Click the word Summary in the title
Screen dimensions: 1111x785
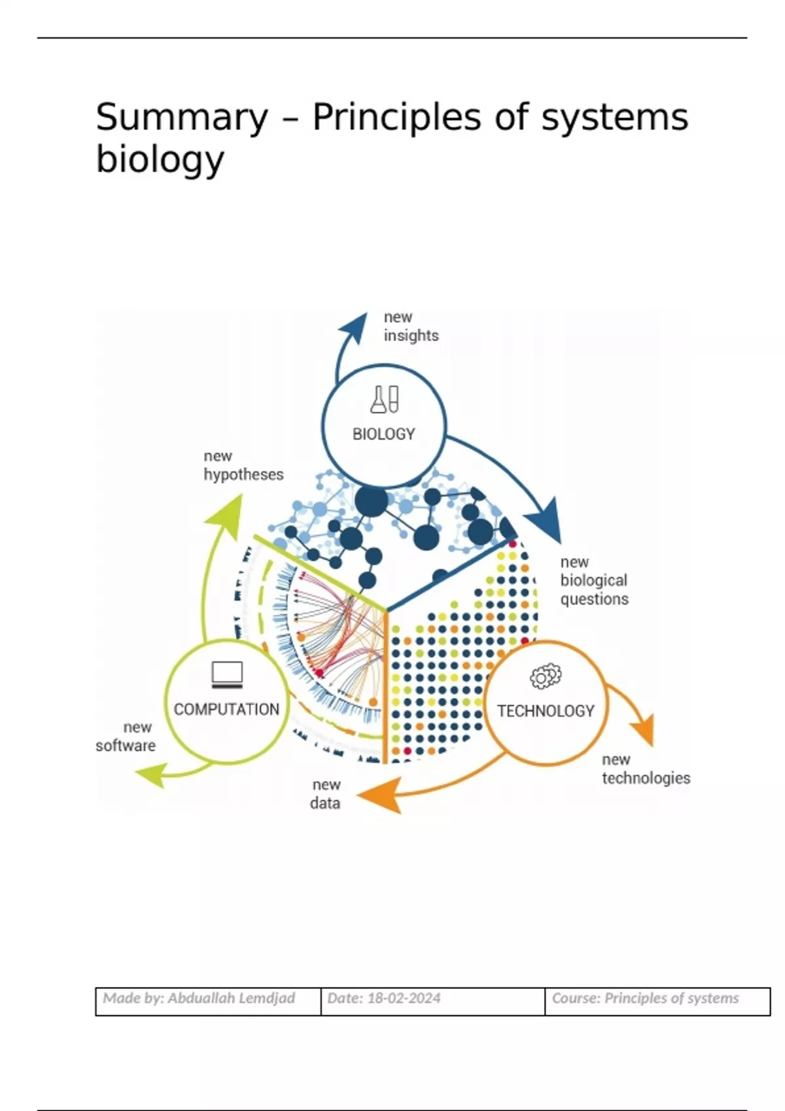[182, 118]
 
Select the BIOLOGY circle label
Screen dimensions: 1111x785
[383, 434]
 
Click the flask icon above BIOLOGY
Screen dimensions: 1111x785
[384, 399]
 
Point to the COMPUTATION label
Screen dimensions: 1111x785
[226, 709]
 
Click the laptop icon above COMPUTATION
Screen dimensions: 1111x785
[227, 674]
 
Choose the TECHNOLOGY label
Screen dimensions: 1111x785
[546, 710]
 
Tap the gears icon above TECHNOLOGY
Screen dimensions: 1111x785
[546, 676]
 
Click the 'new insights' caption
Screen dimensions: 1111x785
[410, 326]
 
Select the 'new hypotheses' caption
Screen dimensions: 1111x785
[243, 465]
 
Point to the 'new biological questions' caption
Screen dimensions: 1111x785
[593, 580]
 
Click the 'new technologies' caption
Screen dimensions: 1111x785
[645, 769]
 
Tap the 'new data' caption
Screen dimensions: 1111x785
[325, 794]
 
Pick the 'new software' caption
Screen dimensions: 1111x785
[126, 737]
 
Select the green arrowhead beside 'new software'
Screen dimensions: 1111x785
[150, 776]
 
